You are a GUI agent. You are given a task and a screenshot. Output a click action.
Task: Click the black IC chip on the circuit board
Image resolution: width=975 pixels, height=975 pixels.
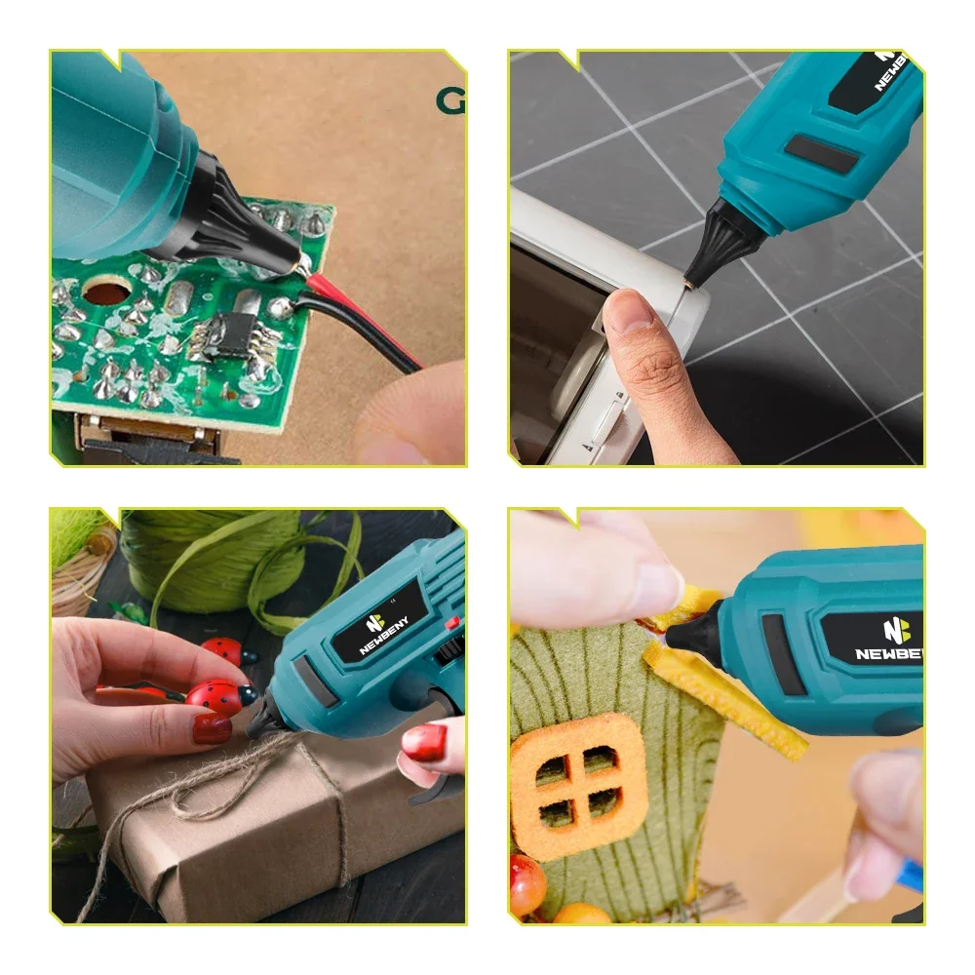(233, 331)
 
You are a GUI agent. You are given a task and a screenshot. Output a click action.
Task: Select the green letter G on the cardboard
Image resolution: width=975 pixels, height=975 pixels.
(449, 101)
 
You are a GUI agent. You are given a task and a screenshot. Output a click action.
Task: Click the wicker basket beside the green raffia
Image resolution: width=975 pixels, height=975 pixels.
(83, 575)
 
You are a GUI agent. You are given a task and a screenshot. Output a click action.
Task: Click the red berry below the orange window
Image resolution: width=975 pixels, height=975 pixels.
(527, 881)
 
